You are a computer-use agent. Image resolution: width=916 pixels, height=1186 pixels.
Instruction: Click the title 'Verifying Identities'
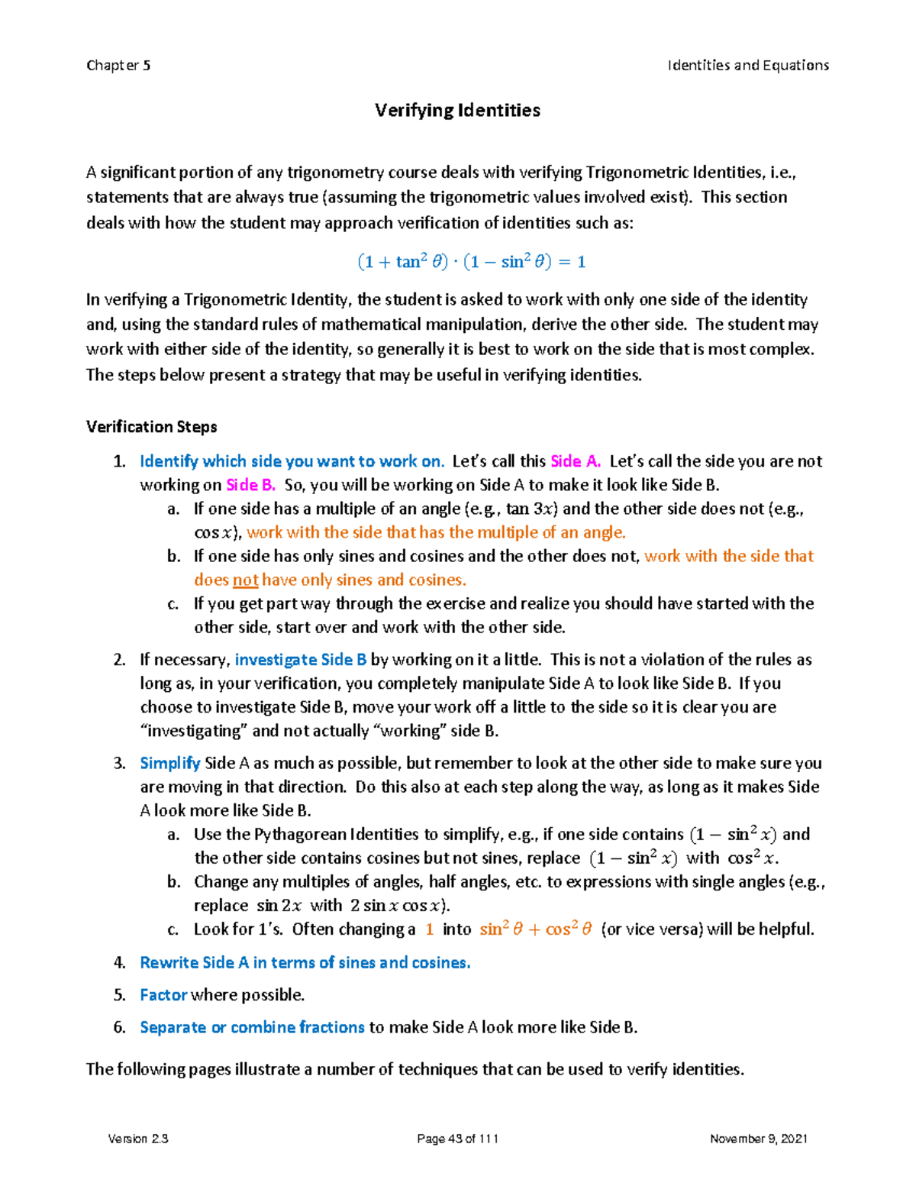click(x=457, y=111)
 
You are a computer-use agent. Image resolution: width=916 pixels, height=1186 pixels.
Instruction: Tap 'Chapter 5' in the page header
click(x=118, y=66)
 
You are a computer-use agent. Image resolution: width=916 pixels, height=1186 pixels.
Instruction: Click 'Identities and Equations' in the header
click(x=748, y=66)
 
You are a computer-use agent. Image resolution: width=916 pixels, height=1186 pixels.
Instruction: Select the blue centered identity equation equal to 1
click(x=472, y=262)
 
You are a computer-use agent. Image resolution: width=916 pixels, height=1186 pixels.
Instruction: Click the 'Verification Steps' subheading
click(x=151, y=427)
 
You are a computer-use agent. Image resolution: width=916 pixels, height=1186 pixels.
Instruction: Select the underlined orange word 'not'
click(x=245, y=580)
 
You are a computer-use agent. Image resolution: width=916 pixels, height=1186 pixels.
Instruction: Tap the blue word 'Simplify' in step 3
click(x=169, y=763)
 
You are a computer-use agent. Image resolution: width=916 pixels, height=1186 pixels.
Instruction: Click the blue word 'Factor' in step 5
click(x=163, y=995)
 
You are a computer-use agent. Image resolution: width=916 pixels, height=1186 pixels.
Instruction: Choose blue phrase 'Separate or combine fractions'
click(x=252, y=1028)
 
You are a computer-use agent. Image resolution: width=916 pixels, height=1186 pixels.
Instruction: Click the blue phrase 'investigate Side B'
click(x=301, y=660)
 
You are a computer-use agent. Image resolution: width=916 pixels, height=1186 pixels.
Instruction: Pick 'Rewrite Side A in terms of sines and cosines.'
click(x=305, y=963)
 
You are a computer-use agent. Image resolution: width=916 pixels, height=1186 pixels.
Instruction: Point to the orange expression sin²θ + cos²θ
click(x=536, y=929)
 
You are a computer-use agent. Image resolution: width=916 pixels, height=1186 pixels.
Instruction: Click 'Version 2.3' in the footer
click(x=138, y=1139)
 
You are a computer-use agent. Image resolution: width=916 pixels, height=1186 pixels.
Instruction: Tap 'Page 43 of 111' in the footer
click(x=457, y=1139)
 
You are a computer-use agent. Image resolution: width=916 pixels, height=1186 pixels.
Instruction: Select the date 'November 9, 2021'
click(x=758, y=1139)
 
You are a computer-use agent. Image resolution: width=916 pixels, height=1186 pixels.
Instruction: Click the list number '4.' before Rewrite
click(x=120, y=963)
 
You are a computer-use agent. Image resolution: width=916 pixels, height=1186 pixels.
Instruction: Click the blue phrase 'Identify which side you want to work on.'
click(x=292, y=461)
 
